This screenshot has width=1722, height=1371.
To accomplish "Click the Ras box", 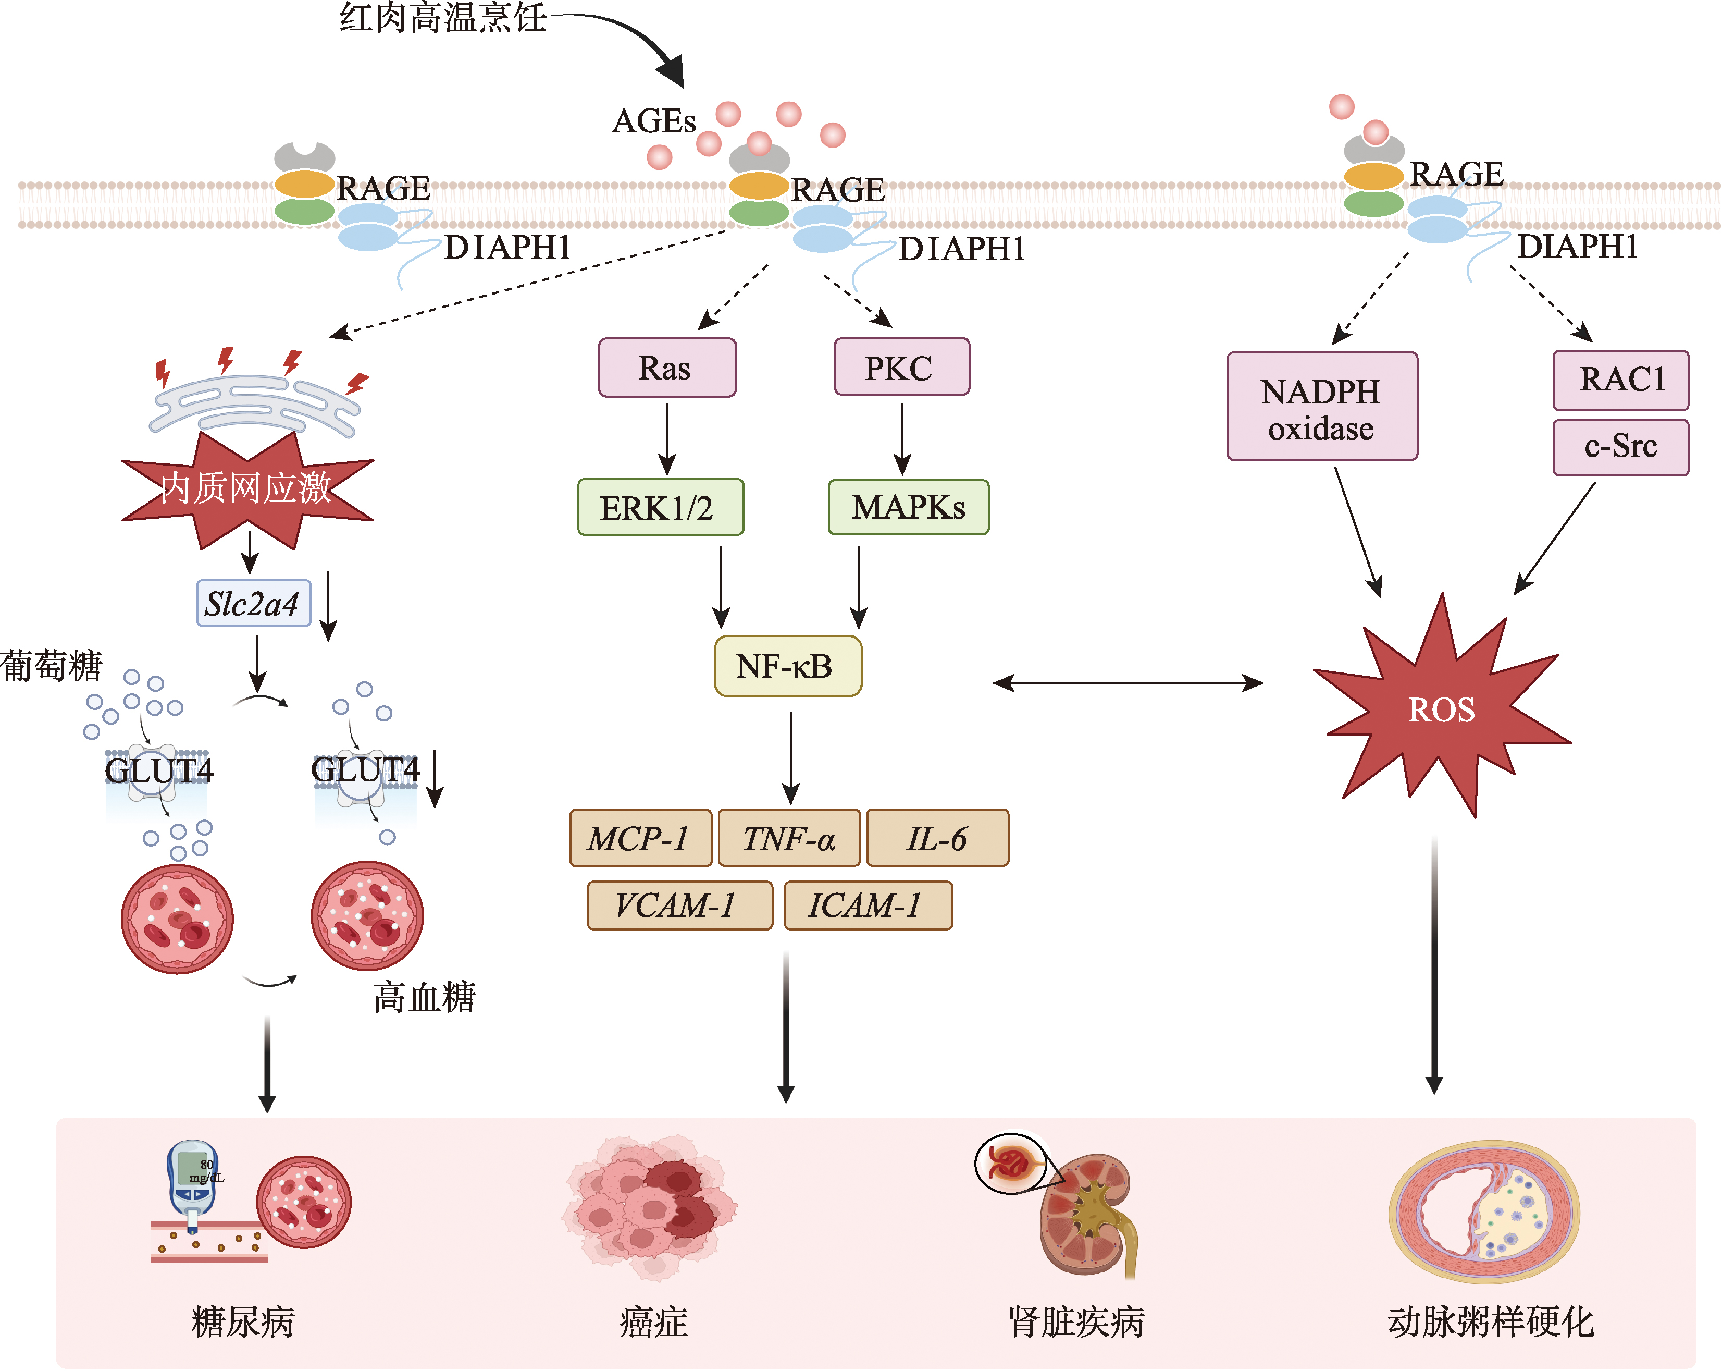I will point(667,368).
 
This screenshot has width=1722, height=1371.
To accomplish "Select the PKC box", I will point(902,366).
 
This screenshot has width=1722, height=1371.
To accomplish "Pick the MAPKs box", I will point(908,507).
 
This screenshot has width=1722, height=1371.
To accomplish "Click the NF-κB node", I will point(787,666).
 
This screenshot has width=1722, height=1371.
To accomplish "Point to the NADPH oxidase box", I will point(1322,407).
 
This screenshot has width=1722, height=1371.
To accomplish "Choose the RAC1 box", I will point(1620,380).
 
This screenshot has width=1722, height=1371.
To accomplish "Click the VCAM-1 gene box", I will point(680,905).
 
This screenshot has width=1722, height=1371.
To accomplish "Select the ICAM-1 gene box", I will point(868,905).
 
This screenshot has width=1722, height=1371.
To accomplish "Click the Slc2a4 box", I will point(253,603).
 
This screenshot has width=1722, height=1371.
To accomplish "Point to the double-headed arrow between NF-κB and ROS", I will point(1128,683).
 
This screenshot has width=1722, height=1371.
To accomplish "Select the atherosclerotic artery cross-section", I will point(1484,1210).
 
